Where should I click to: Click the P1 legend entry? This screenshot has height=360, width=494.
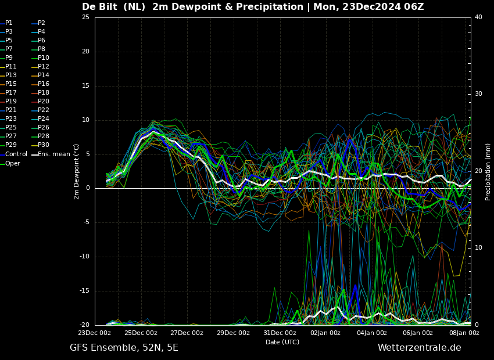(6, 23)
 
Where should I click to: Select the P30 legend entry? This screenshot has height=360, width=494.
(40, 145)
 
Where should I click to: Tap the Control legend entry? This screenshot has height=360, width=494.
(13, 154)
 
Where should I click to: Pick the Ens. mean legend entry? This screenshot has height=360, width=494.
(51, 154)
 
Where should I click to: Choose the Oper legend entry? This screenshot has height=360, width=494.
(10, 163)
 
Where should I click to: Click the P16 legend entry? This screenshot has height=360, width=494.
(40, 84)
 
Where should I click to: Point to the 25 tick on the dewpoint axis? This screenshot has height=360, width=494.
(85, 17)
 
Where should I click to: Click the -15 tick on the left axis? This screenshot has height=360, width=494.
(84, 291)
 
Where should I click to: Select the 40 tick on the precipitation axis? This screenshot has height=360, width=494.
(478, 17)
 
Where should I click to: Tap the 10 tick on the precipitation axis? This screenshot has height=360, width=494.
(478, 248)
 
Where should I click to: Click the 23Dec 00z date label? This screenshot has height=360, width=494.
(95, 333)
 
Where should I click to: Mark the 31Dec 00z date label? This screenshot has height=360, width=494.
(280, 333)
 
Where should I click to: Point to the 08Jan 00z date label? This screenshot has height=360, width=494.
(464, 333)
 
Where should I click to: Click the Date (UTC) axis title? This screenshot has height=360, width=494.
(282, 342)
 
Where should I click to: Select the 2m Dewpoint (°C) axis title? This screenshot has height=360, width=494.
(76, 172)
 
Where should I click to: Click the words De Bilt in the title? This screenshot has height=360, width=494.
(99, 6)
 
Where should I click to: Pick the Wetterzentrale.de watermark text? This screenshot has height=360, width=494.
(420, 348)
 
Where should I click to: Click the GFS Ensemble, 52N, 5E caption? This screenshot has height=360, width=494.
(124, 348)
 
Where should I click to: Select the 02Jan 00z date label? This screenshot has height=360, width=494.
(325, 333)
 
